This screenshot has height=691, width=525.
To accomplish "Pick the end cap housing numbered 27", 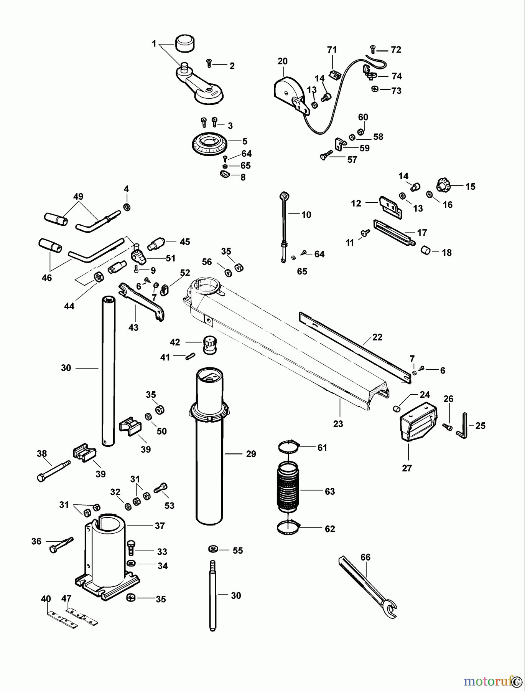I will tap(418, 422).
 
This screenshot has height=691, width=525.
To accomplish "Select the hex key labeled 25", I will tap(462, 426).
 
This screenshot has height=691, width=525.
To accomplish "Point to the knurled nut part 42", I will tap(209, 342).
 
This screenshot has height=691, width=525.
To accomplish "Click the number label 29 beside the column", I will tap(251, 454).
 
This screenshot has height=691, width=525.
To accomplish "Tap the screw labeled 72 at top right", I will tap(373, 49).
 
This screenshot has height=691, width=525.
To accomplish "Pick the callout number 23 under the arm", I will tap(338, 424).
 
